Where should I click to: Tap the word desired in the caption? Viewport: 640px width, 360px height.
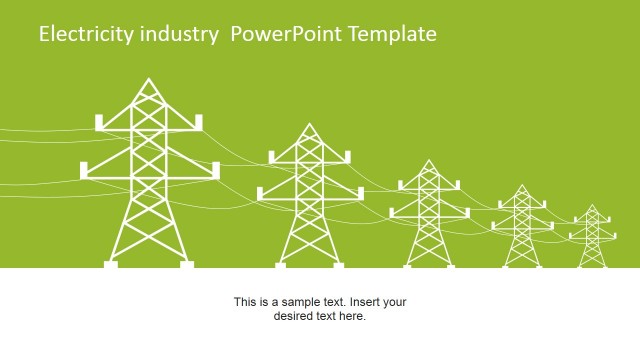[x=294, y=317]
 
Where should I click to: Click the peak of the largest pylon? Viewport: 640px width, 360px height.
[x=149, y=79]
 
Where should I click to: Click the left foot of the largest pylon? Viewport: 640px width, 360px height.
[x=111, y=264]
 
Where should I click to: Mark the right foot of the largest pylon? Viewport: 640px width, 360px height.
[x=187, y=264]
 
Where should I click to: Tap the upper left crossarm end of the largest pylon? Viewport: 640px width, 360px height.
[x=99, y=122]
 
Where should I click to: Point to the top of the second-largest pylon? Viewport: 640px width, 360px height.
[x=310, y=125]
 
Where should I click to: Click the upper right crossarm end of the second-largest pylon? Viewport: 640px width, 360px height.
[x=347, y=155]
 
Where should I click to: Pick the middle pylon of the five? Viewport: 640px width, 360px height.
[x=429, y=215]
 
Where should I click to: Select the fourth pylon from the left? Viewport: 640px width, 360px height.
[x=521, y=227]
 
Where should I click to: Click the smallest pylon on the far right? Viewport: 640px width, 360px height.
[x=592, y=237]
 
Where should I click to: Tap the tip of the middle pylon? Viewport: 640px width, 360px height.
[x=429, y=161]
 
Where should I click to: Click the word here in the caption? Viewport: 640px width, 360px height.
[x=353, y=317]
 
